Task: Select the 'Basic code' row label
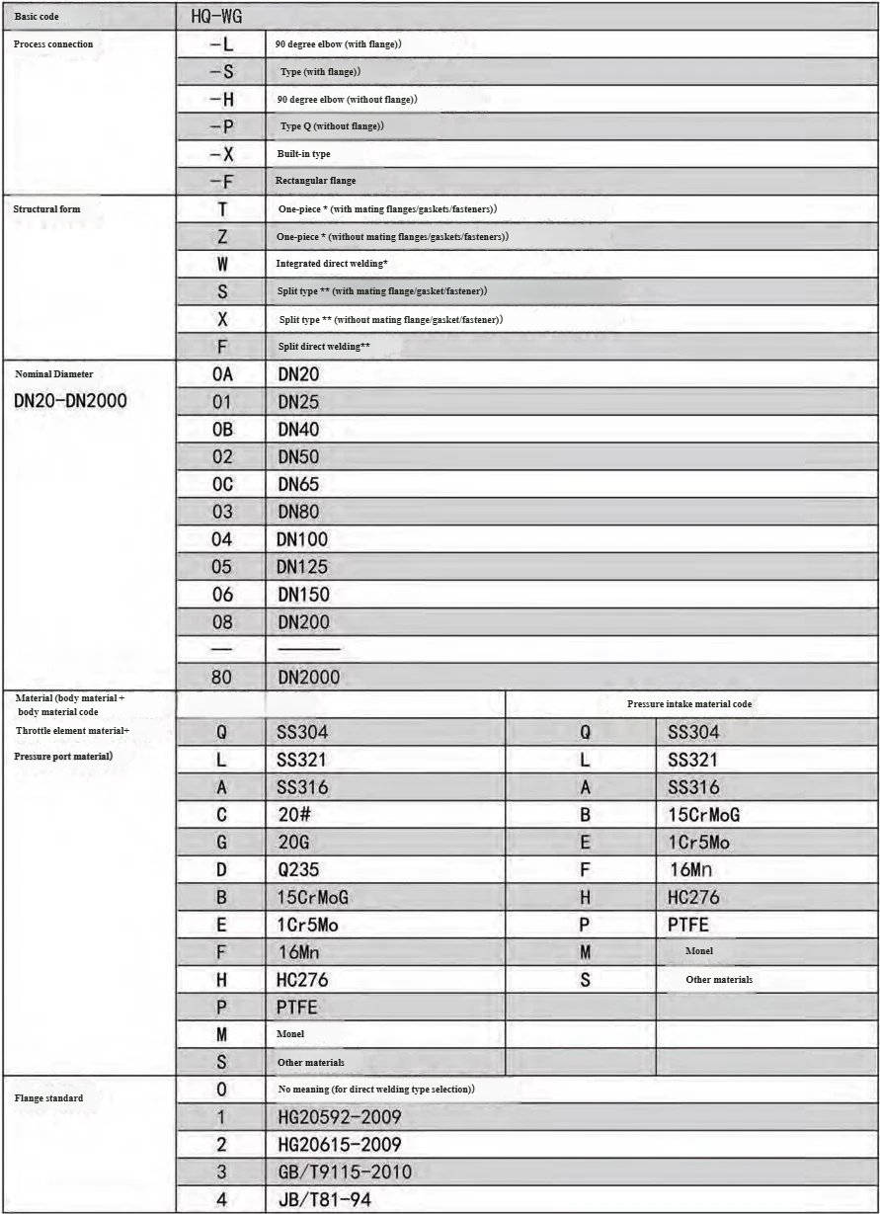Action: click(x=38, y=18)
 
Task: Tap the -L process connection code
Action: click(x=221, y=44)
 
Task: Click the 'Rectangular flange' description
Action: click(x=316, y=181)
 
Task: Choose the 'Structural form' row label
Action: click(x=46, y=209)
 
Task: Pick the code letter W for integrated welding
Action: click(x=221, y=264)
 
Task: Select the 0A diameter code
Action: click(x=221, y=374)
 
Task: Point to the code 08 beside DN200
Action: click(x=221, y=622)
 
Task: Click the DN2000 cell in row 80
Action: click(x=307, y=678)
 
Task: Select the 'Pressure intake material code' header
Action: click(x=691, y=704)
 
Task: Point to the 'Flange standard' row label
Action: click(x=47, y=1097)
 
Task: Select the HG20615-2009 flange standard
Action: click(x=339, y=1145)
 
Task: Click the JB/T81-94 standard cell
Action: click(x=325, y=1200)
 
